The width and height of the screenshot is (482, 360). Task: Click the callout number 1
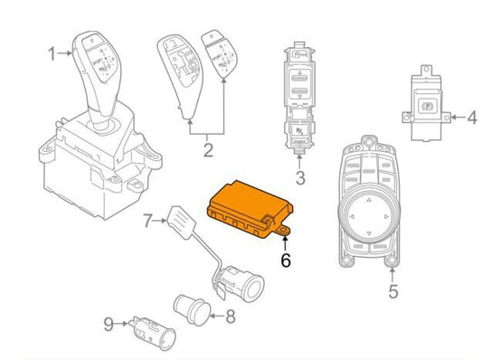tap(52, 53)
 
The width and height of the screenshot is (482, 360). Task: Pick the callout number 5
tap(392, 291)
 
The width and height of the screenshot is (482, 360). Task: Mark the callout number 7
tap(148, 219)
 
